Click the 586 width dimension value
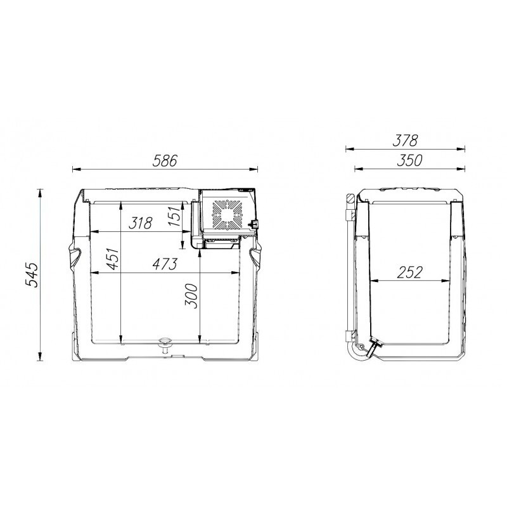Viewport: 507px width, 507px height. pyautogui.click(x=165, y=161)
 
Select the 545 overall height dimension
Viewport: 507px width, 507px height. pyautogui.click(x=32, y=274)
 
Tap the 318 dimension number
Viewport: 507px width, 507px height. pyautogui.click(x=140, y=223)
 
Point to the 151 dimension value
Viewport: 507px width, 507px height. pyautogui.click(x=174, y=215)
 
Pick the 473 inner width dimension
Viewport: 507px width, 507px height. pyautogui.click(x=165, y=264)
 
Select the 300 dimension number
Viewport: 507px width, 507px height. pyautogui.click(x=191, y=296)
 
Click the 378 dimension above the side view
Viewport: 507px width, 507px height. pyautogui.click(x=405, y=140)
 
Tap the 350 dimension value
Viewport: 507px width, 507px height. pyautogui.click(x=409, y=160)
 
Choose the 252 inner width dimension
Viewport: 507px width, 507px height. pyautogui.click(x=409, y=273)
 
